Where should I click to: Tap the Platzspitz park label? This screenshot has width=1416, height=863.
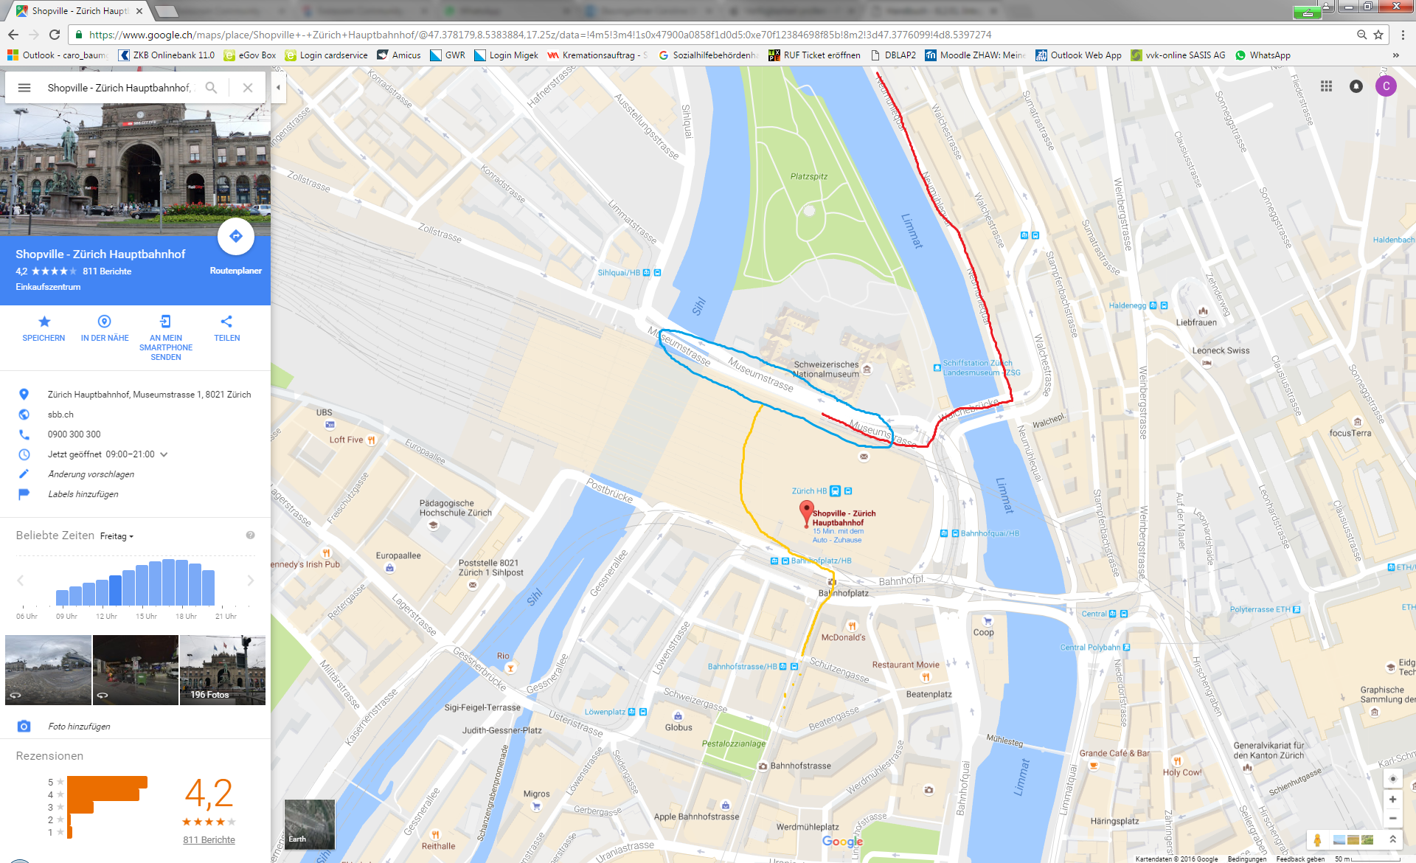808,176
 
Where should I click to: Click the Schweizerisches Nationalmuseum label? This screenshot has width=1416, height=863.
826,370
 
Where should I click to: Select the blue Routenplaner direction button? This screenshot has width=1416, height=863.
236,236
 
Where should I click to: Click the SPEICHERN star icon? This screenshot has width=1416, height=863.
44,322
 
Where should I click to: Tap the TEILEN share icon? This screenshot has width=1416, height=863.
226,322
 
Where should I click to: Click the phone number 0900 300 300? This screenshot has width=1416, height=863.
74,434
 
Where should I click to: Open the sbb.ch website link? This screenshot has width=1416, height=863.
60,415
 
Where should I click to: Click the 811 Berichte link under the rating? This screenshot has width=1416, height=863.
209,839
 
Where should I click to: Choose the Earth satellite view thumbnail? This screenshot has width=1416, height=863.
310,824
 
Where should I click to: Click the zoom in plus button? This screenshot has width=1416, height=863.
1392,799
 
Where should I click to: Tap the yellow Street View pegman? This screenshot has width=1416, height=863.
1317,839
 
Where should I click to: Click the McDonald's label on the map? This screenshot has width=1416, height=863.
843,637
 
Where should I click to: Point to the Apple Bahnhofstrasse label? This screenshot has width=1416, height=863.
695,817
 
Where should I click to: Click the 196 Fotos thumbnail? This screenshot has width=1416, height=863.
223,670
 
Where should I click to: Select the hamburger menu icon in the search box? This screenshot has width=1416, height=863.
24,88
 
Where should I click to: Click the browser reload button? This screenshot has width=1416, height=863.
55,35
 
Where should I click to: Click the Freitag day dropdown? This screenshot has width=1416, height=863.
117,536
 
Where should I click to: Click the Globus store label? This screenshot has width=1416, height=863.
678,727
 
